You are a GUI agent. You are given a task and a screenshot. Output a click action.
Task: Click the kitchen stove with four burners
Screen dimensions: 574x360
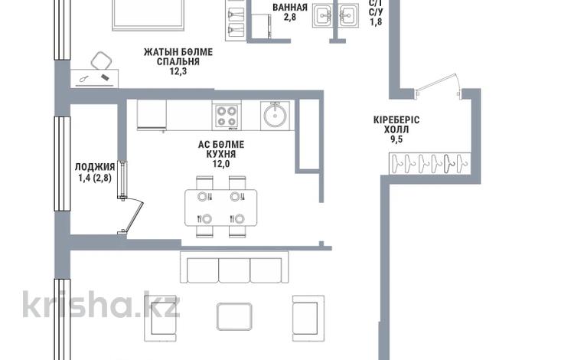(227, 116)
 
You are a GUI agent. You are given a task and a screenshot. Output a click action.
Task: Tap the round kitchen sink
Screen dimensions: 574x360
(275, 116)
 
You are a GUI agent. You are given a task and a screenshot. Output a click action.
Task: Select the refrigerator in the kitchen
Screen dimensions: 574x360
(152, 115)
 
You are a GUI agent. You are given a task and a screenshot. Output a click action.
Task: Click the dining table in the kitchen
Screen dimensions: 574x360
(220, 208)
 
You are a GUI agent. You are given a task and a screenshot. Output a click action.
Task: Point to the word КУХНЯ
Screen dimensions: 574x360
(221, 154)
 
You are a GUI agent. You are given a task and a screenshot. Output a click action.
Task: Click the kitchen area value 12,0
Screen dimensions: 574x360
(221, 164)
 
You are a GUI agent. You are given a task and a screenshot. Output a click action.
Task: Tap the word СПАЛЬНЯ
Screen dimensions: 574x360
(178, 61)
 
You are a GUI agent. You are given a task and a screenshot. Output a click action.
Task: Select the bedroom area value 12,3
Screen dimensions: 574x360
(178, 71)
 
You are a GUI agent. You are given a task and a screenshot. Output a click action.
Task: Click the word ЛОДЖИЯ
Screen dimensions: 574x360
(95, 168)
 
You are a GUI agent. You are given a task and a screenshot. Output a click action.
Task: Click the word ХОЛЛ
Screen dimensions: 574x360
(396, 129)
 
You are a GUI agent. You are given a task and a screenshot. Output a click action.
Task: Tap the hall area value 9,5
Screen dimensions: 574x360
(396, 139)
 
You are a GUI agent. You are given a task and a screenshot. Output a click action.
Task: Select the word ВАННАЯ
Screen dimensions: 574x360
(290, 8)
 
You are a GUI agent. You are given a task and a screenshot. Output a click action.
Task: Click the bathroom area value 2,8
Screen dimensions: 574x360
(290, 17)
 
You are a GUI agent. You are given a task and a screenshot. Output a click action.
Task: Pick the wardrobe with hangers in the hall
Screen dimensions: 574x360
(430, 163)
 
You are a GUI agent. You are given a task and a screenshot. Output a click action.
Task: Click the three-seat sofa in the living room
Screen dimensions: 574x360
(234, 267)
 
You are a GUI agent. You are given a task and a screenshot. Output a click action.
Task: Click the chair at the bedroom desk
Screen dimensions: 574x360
(101, 61)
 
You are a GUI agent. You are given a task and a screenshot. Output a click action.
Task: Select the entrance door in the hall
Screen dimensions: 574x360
(438, 87)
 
